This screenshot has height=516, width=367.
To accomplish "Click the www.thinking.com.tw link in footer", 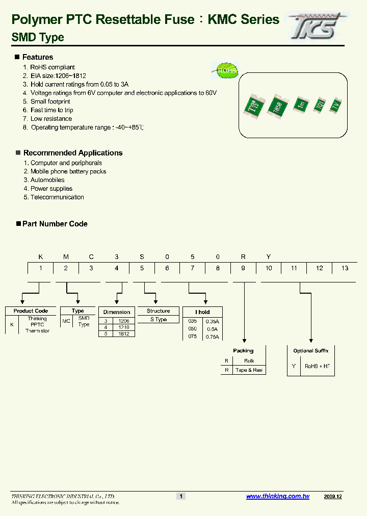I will coord(278,496).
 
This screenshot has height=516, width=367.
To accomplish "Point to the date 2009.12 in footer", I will coord(333,496).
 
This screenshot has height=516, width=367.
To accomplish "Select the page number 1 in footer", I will coord(180,496).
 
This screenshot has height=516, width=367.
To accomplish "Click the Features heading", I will coord(37,57).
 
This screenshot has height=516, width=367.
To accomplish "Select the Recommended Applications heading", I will coord(72,153).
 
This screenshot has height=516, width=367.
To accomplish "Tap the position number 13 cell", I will coord(345,268).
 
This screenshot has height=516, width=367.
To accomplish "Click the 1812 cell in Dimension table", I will coord(123,333).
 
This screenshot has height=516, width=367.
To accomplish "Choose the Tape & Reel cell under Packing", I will coord(249,370).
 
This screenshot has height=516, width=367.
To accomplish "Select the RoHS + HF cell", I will coord(317,366).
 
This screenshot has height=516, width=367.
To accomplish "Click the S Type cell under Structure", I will coord(158,320).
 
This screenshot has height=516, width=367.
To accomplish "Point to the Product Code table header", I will coord(31,311).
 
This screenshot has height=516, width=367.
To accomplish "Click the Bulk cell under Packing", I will coord(249,361).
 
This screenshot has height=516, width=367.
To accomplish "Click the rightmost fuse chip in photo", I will coord(335,105).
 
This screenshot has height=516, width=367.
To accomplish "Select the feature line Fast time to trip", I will coord(51,110).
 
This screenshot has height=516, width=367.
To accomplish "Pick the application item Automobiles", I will coord(47,180).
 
